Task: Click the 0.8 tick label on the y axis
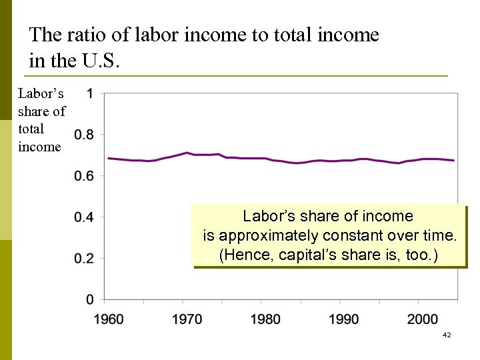[84, 135]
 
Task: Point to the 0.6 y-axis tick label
[84, 176]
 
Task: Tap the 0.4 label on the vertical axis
[84, 217]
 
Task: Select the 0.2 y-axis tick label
[84, 259]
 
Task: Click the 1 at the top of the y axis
[90, 93]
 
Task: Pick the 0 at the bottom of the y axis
[90, 299]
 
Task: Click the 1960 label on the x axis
[108, 319]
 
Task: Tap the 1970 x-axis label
[187, 319]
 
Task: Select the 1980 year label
[265, 319]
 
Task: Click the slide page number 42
[447, 335]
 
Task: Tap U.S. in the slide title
[101, 61]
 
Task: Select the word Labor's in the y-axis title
[41, 94]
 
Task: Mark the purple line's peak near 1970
[187, 153]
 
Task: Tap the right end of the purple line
[453, 161]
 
